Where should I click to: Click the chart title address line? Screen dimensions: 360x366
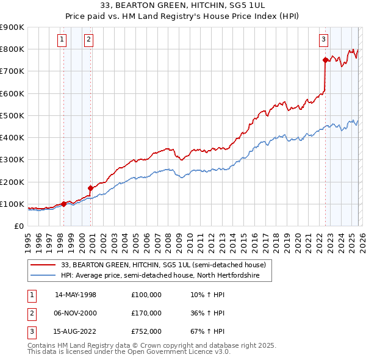pyautogui.click(x=182, y=5)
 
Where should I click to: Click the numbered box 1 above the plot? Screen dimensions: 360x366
pyautogui.click(x=62, y=40)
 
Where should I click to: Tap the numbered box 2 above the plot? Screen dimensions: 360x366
pyautogui.click(x=88, y=40)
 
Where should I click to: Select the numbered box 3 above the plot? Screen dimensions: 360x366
pyautogui.click(x=323, y=40)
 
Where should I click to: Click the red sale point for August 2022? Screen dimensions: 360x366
pyautogui.click(x=325, y=60)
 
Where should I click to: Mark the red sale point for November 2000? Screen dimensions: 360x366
pyautogui.click(x=90, y=188)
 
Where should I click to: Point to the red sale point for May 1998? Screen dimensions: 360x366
pyautogui.click(x=63, y=204)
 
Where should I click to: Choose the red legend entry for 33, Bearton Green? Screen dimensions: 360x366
pyautogui.click(x=163, y=265)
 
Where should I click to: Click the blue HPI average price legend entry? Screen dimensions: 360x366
pyautogui.click(x=160, y=276)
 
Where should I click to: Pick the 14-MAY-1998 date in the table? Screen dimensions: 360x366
pyautogui.click(x=76, y=295)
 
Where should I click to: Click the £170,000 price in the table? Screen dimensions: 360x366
pyautogui.click(x=146, y=313)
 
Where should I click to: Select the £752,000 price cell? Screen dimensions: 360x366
pyautogui.click(x=146, y=331)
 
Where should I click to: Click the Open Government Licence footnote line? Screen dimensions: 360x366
pyautogui.click(x=129, y=352)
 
